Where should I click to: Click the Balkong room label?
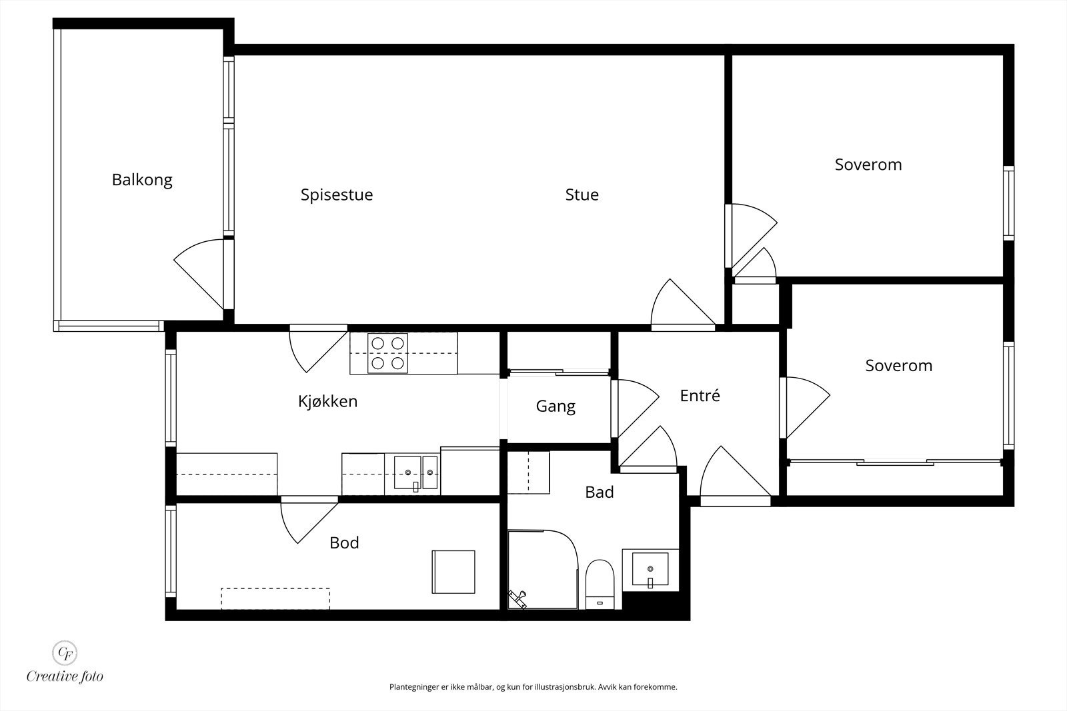pyautogui.click(x=142, y=180)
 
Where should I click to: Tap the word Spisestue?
pyautogui.click(x=337, y=195)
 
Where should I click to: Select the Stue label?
pyautogui.click(x=582, y=194)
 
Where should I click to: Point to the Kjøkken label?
pyautogui.click(x=327, y=401)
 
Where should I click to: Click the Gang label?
pyautogui.click(x=556, y=406)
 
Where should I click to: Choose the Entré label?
pyautogui.click(x=700, y=395)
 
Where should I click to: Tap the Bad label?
pyautogui.click(x=600, y=492)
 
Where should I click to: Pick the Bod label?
pyautogui.click(x=344, y=542)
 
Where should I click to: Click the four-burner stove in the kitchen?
pyautogui.click(x=387, y=353)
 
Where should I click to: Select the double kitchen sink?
pyautogui.click(x=415, y=473)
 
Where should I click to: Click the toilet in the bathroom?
pyautogui.click(x=600, y=584)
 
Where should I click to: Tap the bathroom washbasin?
pyautogui.click(x=650, y=569)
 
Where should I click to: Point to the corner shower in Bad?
pyautogui.click(x=543, y=570)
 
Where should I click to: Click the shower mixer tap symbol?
pyautogui.click(x=517, y=599)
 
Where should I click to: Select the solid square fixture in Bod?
pyautogui.click(x=453, y=572)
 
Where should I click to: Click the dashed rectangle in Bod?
pyautogui.click(x=275, y=598)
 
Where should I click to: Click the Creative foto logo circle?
pyautogui.click(x=64, y=652)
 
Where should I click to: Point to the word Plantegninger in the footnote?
pyautogui.click(x=411, y=687)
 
